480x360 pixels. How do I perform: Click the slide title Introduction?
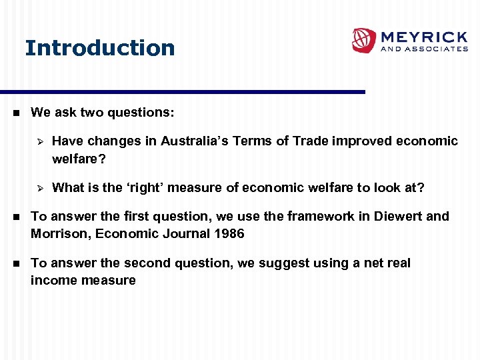pyautogui.click(x=100, y=48)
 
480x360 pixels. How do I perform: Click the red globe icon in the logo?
pyautogui.click(x=364, y=40)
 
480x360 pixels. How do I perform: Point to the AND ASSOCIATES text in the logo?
pyautogui.click(x=424, y=49)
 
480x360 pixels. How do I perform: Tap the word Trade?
pyautogui.click(x=311, y=141)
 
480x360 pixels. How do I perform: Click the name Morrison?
pyautogui.click(x=55, y=233)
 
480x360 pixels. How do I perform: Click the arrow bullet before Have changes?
pyautogui.click(x=39, y=141)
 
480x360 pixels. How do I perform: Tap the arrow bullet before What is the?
pyautogui.click(x=39, y=188)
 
